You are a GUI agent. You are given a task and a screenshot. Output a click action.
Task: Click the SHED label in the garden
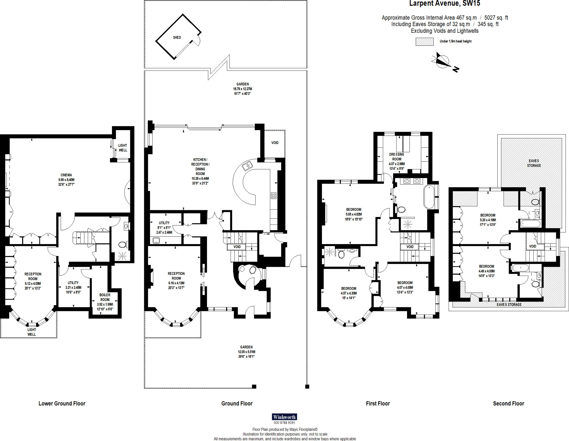(x=177, y=37)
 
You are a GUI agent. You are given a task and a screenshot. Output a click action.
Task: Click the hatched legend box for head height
(x=424, y=42)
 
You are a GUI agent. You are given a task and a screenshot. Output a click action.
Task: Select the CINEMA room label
(x=66, y=175)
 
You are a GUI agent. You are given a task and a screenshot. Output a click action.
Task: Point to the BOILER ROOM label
(x=105, y=297)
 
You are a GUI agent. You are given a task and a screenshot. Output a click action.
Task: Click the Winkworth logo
(x=284, y=417)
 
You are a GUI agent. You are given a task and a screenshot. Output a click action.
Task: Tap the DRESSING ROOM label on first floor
(x=396, y=157)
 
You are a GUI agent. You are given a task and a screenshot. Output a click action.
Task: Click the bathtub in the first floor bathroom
(x=429, y=197)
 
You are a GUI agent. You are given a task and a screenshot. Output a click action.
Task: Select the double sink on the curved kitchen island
(x=247, y=166)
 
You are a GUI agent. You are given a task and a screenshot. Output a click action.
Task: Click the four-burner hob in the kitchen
(x=273, y=196)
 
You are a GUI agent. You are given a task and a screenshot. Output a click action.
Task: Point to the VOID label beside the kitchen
(x=275, y=143)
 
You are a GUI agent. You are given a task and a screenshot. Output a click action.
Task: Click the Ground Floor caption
(x=237, y=404)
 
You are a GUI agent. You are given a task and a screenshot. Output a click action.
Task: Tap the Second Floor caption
(x=508, y=404)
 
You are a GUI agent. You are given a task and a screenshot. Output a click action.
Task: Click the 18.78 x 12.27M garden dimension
(x=243, y=89)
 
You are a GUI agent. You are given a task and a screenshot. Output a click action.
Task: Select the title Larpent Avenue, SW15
(x=445, y=4)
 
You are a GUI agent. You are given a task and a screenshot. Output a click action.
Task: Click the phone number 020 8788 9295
(x=284, y=423)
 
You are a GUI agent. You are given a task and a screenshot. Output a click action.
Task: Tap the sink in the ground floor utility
(x=156, y=240)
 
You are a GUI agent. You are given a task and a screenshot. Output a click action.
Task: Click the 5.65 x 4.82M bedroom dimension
(x=354, y=214)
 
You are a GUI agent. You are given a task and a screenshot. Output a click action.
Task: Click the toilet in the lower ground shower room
(x=122, y=245)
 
